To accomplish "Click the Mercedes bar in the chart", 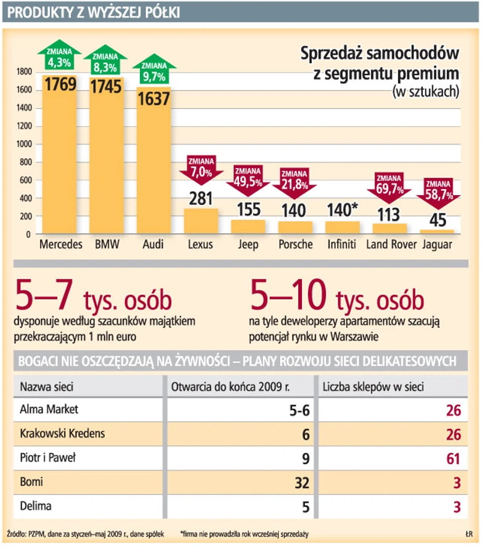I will pos(60,160).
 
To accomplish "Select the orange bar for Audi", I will pos(153,166).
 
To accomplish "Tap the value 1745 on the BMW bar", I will pos(107,87).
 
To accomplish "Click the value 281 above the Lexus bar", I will pos(200,199).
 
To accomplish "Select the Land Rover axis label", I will pos(389,244).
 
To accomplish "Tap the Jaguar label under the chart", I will pos(437,244).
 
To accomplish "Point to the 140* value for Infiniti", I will pos(342,211).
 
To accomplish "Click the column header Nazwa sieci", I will pos(47,388).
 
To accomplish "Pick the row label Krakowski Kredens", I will pos(62,433).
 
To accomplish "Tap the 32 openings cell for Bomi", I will pos(301,483).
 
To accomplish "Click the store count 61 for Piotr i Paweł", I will pos(453,458).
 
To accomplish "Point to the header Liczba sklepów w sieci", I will pos(373,388).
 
